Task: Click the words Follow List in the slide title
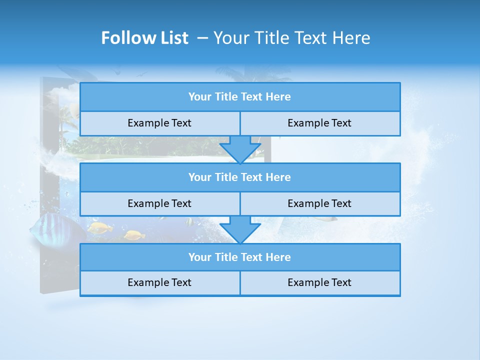tap(144, 38)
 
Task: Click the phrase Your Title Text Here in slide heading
tap(291, 38)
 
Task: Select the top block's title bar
tap(240, 97)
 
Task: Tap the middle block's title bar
tap(240, 177)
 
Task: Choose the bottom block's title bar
tap(240, 257)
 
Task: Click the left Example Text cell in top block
tap(159, 123)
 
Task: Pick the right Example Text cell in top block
tap(319, 123)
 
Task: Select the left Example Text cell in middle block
tap(159, 203)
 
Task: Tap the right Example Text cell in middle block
tap(319, 203)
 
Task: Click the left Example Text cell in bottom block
tap(159, 282)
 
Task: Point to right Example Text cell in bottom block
tap(319, 282)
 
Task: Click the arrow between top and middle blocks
tap(240, 149)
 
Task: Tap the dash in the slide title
tap(202, 38)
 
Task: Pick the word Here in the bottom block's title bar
tap(278, 257)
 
